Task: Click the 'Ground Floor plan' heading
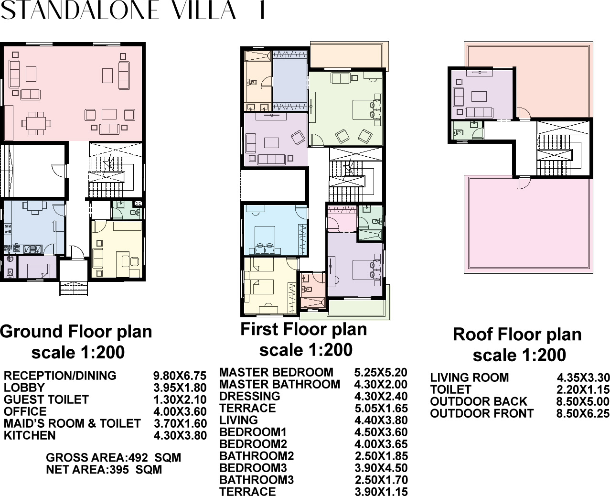point(76,332)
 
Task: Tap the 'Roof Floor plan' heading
point(517,334)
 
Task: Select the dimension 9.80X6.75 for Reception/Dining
point(180,376)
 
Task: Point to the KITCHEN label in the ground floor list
point(30,435)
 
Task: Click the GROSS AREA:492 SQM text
point(113,458)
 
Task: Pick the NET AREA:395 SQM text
point(104,470)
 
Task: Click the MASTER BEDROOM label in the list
point(277,372)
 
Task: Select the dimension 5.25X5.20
point(381,372)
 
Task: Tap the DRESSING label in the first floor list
point(250,396)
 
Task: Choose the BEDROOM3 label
point(253,468)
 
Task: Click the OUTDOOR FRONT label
point(482,413)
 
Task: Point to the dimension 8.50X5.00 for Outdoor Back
point(583,401)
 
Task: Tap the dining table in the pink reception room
point(36,123)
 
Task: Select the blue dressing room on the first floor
point(290,81)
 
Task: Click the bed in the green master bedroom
point(367,110)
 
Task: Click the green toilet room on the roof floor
point(468,130)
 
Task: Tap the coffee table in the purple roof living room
point(479,97)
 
